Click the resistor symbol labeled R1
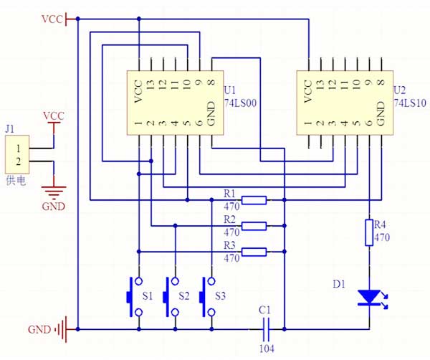coord(254,200)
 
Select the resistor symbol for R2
coord(254,226)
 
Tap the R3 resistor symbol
coord(254,252)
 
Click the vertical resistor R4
coord(369,232)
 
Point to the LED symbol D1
coord(370,296)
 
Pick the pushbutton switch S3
coord(207,295)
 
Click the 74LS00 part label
coord(240,103)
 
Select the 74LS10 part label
coord(409,103)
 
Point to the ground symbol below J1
coord(54,191)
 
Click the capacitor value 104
coord(266,349)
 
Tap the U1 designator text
coord(230,91)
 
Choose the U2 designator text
coord(399,91)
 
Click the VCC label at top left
coord(52,19)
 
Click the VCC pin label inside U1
coord(138,91)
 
